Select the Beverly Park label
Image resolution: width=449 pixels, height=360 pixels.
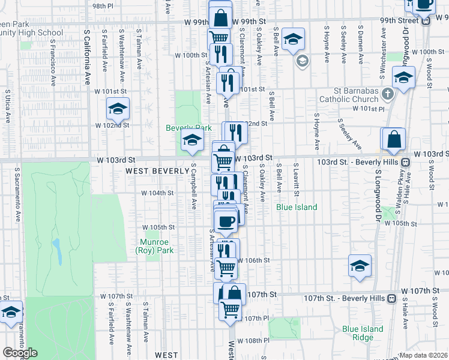click(189, 128)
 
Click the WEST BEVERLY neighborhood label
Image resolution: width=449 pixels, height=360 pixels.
click(157, 171)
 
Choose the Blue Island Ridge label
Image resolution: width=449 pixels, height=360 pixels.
click(363, 333)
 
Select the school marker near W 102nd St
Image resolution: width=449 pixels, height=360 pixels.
click(118, 109)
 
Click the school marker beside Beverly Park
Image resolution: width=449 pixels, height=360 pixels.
click(191, 142)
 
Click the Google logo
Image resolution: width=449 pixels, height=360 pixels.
click(20, 353)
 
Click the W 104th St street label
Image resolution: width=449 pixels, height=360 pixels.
click(157, 193)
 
